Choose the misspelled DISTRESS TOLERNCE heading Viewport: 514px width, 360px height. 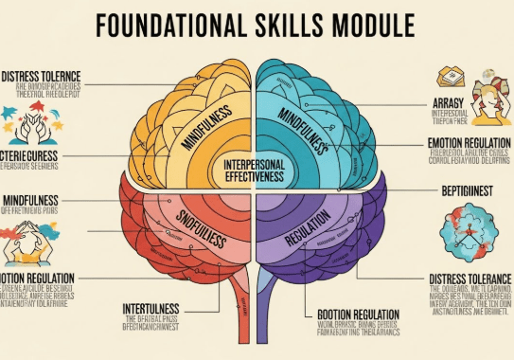[x=42, y=75]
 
